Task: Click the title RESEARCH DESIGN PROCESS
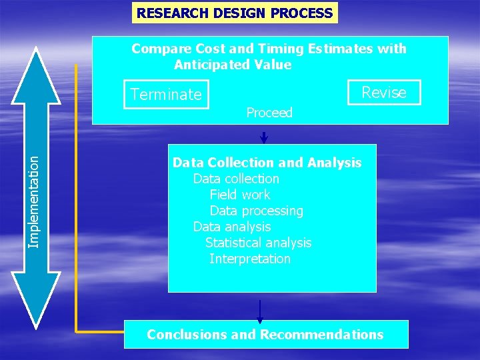(x=234, y=13)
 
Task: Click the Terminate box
(x=166, y=95)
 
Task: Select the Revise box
(x=384, y=93)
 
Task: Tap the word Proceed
(x=269, y=113)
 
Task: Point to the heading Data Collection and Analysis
(x=267, y=163)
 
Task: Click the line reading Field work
(x=240, y=195)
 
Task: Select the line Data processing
(x=256, y=211)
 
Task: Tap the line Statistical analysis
(x=258, y=243)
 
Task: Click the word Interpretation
(x=249, y=259)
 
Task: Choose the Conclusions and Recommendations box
(x=265, y=335)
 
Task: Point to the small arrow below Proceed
(x=264, y=137)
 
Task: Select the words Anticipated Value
(x=233, y=65)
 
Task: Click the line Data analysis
(x=231, y=227)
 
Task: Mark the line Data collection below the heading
(x=236, y=179)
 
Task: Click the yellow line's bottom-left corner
(x=77, y=330)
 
